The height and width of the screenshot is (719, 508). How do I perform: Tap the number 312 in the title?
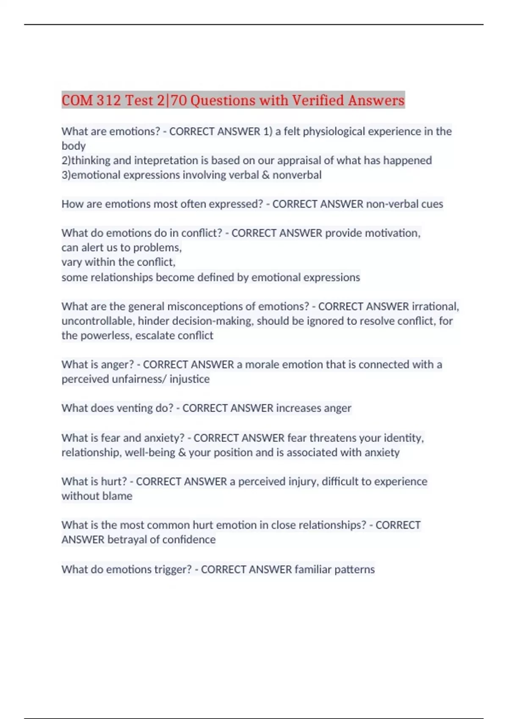108,100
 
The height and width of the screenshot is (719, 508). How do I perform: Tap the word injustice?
189,379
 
